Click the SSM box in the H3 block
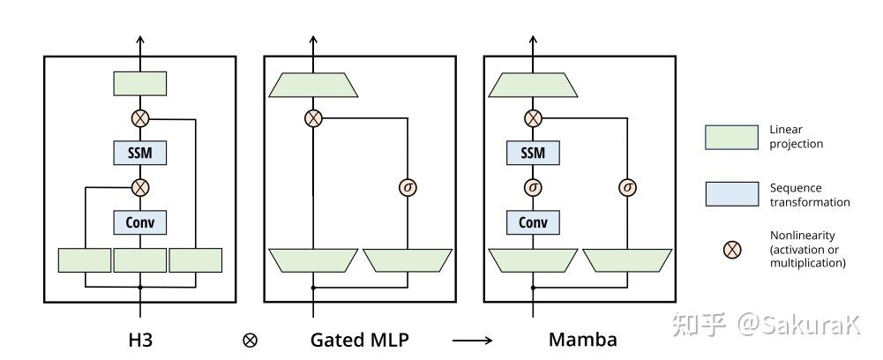(x=139, y=154)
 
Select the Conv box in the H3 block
(x=139, y=221)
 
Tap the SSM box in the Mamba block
(x=533, y=154)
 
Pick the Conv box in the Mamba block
(x=533, y=221)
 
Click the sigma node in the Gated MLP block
(x=408, y=187)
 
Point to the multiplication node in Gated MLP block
(x=313, y=118)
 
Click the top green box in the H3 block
(x=139, y=84)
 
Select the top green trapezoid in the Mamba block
(x=533, y=85)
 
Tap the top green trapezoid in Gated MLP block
(x=313, y=85)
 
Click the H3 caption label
(x=140, y=339)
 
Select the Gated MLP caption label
(x=360, y=339)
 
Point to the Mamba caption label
(x=583, y=339)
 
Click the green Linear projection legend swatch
(x=731, y=137)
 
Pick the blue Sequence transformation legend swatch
(x=731, y=194)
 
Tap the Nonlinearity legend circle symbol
(x=731, y=250)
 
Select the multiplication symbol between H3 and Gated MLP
(x=250, y=340)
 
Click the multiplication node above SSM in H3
(x=139, y=118)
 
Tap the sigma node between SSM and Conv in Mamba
(x=533, y=187)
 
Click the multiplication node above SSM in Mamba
(x=533, y=118)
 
